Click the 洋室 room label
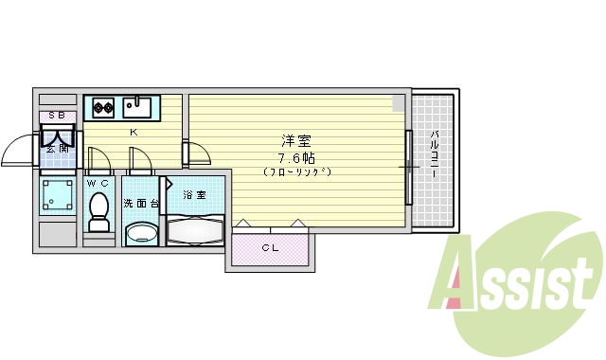point(294,139)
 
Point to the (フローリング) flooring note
point(296,171)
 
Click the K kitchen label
point(134,132)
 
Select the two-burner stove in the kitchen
point(102,105)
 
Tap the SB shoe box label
point(57,117)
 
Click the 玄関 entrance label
point(56,148)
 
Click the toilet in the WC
point(98,211)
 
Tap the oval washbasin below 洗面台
point(143,233)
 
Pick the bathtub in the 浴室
point(195,229)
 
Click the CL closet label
point(270,249)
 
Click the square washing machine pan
point(58,197)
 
